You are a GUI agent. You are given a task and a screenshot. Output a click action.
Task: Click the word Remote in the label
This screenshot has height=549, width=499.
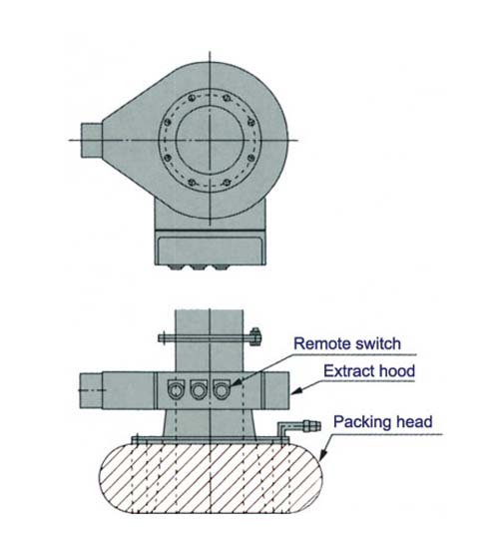[x=318, y=343]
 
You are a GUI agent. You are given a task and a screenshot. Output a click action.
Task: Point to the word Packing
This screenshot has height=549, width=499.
[x=360, y=422]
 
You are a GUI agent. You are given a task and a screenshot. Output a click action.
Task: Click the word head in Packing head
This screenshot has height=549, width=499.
[x=412, y=421]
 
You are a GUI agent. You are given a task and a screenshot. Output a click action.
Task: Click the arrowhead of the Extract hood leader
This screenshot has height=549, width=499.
[x=296, y=391]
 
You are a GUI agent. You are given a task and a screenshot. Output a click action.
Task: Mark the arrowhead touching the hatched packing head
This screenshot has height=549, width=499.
[x=323, y=454]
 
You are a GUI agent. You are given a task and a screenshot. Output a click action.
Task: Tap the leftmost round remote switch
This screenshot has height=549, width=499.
[x=176, y=389]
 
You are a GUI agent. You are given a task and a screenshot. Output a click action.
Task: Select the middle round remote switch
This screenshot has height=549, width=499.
[x=199, y=389]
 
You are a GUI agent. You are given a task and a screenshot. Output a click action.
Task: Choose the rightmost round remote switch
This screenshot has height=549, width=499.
[x=222, y=389]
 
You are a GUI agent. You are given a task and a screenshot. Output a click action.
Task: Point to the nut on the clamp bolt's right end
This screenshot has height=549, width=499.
[x=255, y=336]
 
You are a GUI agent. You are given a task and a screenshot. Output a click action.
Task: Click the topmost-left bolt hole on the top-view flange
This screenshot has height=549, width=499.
[x=191, y=98]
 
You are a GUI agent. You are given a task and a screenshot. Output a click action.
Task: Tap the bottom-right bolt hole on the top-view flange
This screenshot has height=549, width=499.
[x=228, y=182]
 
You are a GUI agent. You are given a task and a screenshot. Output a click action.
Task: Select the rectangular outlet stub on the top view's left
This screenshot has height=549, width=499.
[x=92, y=140]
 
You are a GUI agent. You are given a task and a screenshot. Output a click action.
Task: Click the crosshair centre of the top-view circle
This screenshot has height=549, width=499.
[x=210, y=140]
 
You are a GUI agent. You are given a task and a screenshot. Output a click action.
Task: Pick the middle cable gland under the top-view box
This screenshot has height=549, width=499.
[x=198, y=268]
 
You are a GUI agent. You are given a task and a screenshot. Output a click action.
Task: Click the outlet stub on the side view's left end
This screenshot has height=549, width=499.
[x=91, y=390]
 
